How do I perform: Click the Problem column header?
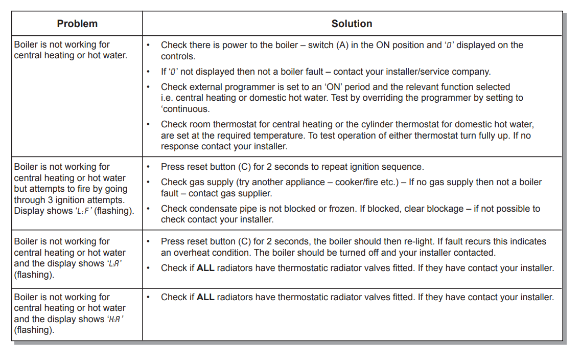pyautogui.click(x=77, y=24)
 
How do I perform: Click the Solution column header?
pyautogui.click(x=352, y=24)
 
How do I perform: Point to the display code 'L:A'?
pyautogui.click(x=115, y=264)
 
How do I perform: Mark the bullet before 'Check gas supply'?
pyautogui.click(x=148, y=182)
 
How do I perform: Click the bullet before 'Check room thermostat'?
pyautogui.click(x=148, y=124)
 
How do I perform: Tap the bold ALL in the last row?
pyautogui.click(x=205, y=297)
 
